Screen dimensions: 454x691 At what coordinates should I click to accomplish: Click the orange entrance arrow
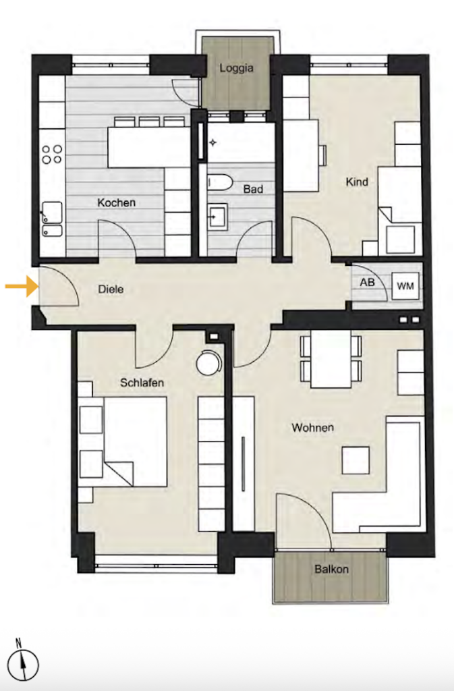coord(21,286)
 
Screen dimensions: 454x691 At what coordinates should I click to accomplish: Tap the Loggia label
coord(237,68)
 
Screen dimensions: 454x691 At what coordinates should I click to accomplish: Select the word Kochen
coord(116,202)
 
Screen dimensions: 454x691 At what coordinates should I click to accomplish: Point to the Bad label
coord(253,189)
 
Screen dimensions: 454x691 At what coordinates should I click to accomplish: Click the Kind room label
coord(357,182)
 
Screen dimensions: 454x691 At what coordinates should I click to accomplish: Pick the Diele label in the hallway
coord(111,289)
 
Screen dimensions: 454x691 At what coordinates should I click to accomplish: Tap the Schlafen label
coord(142,383)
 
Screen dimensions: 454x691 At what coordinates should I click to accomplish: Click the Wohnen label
coord(312,427)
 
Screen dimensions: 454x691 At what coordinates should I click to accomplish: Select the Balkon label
coord(332,569)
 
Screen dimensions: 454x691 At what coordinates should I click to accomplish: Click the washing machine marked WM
coord(405,286)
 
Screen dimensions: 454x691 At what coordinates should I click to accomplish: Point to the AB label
coord(367,282)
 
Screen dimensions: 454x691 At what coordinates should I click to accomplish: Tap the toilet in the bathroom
coord(219,182)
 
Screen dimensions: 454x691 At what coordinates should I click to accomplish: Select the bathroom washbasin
coord(217,217)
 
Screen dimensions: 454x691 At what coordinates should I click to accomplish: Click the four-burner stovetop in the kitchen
coord(52,154)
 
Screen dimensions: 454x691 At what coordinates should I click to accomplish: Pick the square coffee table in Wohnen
coord(356,460)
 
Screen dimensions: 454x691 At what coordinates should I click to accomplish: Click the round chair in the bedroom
coord(208,362)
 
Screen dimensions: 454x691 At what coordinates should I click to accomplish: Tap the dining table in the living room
coord(331,359)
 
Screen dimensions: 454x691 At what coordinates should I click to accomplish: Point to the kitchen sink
coord(52,219)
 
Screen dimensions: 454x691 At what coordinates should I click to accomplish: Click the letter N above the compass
coord(19,642)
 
